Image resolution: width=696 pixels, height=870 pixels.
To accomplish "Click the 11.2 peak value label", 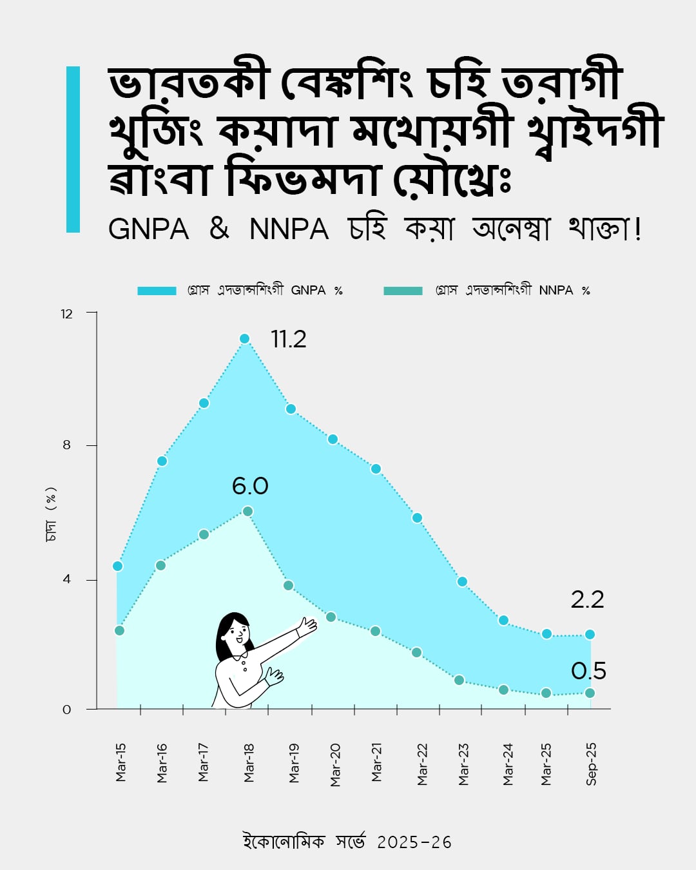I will coord(288,339).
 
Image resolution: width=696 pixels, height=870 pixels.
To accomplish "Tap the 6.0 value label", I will coord(250,486).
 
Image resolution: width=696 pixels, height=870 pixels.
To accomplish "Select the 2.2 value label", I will coord(587,599).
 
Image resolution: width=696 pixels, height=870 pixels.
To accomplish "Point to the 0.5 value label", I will coord(588,671).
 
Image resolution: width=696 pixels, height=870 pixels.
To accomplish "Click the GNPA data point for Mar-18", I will coord(244,338).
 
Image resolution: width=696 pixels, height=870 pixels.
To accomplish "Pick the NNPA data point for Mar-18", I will coord(247,511).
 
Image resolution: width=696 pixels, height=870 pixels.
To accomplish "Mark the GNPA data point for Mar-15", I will coord(117,566).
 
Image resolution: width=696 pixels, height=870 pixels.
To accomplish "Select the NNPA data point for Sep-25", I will coord(589,693).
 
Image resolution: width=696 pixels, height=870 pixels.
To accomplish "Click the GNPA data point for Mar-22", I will coord(417,517).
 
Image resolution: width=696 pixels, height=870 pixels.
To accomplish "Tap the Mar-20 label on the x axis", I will coord(335,764).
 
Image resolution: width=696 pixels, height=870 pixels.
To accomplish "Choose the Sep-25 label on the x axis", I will coord(591,764).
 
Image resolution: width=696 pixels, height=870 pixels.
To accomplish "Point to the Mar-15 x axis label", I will coord(121,762).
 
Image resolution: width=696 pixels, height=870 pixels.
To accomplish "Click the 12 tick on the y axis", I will coord(67,314).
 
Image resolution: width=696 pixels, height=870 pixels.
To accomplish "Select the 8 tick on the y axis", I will coord(67,445).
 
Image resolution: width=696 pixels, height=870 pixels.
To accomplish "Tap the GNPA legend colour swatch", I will coord(157,291).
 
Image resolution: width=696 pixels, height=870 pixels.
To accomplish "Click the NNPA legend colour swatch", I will coord(403,291).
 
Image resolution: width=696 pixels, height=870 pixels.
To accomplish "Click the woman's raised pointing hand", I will coord(307,626).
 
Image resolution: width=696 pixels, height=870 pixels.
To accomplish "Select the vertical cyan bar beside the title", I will coord(73,149).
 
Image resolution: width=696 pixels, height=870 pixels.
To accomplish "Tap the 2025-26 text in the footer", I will coord(414,842).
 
